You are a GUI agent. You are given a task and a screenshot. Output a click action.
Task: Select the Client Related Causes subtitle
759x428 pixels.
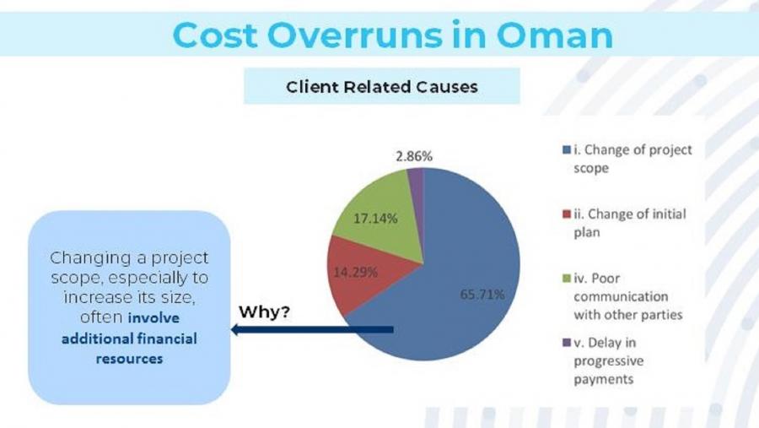click(x=381, y=86)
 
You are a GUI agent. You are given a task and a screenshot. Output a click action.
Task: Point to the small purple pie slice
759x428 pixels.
click(x=415, y=179)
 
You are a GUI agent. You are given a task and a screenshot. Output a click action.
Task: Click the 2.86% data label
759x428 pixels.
click(x=413, y=156)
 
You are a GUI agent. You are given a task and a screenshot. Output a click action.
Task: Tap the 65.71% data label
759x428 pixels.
click(x=482, y=295)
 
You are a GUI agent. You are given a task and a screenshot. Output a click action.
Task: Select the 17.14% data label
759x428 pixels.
click(x=376, y=219)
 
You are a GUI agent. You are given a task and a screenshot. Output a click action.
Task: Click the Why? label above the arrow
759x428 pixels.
click(x=264, y=312)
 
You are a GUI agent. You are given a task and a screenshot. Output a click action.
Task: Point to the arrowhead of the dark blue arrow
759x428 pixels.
click(x=236, y=329)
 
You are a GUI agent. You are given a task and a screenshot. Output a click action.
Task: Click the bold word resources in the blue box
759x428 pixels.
click(x=129, y=358)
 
